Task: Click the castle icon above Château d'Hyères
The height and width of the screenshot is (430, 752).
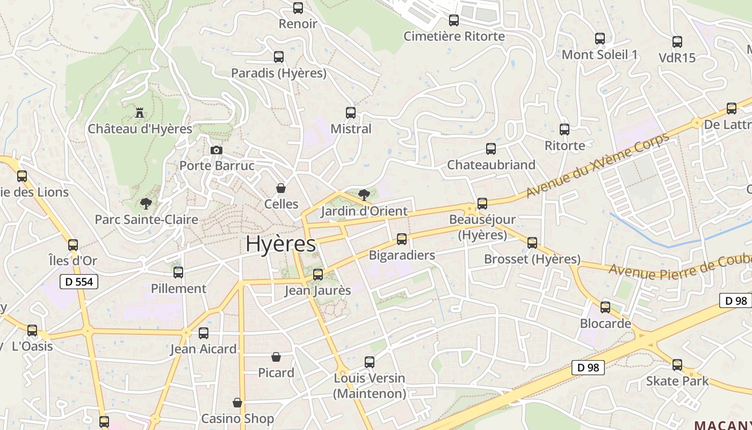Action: pos(140,113)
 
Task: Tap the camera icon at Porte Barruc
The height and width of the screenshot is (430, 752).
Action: pos(216,150)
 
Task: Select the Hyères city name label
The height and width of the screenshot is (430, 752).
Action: pos(280,244)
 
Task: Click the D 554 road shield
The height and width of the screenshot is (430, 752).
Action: pos(79,282)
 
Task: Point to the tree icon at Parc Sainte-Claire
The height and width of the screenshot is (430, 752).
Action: pos(145,203)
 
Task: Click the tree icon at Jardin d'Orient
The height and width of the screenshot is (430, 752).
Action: pos(364,195)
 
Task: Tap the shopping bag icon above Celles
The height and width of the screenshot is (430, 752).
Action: pos(280,188)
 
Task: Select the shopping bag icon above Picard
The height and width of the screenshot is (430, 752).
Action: pos(276,357)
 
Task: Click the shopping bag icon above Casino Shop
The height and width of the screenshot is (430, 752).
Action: pos(237,403)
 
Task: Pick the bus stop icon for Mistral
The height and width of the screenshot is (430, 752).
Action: pos(351,113)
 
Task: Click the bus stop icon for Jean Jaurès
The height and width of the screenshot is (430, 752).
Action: pos(318,275)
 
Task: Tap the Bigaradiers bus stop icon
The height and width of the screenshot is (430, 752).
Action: pos(402,239)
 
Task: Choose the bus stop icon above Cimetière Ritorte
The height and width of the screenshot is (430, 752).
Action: pos(454,20)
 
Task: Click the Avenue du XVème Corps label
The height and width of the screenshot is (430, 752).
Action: pos(597,164)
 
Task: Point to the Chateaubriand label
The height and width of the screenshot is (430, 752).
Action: pos(491,165)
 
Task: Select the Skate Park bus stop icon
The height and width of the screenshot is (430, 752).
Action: pos(677,365)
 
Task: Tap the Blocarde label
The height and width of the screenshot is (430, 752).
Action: pos(605,324)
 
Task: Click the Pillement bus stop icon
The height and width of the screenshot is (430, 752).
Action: pos(178,273)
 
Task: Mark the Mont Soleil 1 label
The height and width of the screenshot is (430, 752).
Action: pos(599,55)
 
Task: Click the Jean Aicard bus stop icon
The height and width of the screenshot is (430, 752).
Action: pos(204,333)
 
